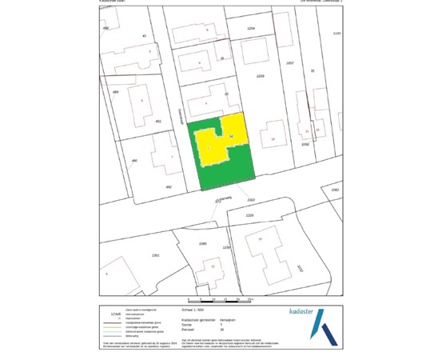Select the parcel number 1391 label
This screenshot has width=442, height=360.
(x=154, y=254)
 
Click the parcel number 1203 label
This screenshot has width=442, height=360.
(x=260, y=75)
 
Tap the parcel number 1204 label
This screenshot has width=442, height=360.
(x=251, y=28)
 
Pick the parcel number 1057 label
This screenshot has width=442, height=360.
(x=290, y=62)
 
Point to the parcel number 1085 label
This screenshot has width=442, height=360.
(x=202, y=242)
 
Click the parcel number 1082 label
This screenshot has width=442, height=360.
(x=335, y=190)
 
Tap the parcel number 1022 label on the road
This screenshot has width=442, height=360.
(x=250, y=199)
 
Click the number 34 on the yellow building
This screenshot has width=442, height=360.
(x=231, y=138)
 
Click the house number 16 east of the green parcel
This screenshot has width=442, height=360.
(x=273, y=139)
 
